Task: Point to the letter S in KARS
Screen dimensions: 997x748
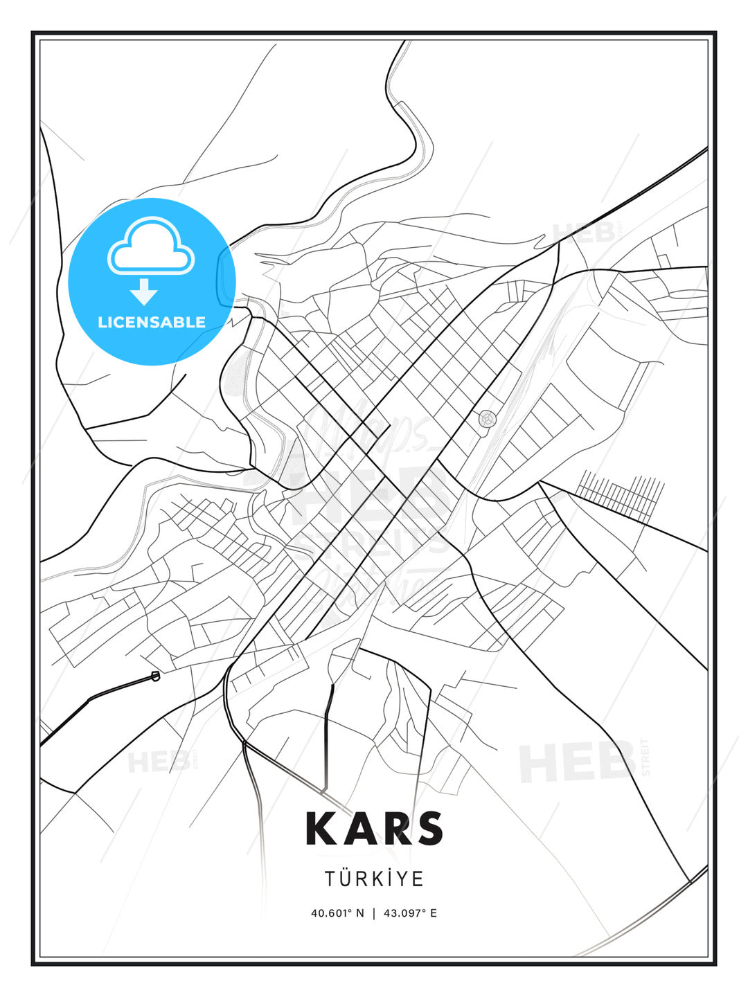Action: click(x=429, y=829)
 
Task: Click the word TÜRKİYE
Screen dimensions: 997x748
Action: click(x=374, y=879)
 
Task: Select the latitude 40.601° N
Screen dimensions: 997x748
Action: click(x=337, y=913)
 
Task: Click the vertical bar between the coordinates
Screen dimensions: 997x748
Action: click(x=374, y=913)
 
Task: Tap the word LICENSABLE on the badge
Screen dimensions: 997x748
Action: click(x=152, y=322)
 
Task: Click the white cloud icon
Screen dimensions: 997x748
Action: click(x=151, y=248)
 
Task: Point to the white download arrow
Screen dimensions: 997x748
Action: click(x=144, y=291)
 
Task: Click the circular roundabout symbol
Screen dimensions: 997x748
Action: click(x=488, y=419)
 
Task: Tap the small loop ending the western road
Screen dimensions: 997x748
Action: click(x=155, y=676)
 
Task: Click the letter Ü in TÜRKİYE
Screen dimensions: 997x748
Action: click(x=346, y=879)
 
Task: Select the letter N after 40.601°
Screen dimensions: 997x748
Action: click(x=360, y=913)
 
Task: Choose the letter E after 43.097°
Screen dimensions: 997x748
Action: click(x=434, y=913)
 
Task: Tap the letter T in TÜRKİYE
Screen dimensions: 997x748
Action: click(x=330, y=879)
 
